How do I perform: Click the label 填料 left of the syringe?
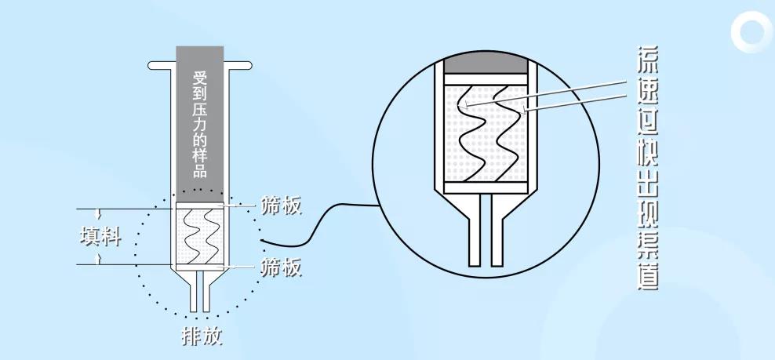point(101,236)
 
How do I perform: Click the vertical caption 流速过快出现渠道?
point(646,166)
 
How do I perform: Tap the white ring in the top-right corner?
point(751,34)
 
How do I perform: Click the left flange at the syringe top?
point(160,64)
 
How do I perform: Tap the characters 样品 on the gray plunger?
point(200,160)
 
